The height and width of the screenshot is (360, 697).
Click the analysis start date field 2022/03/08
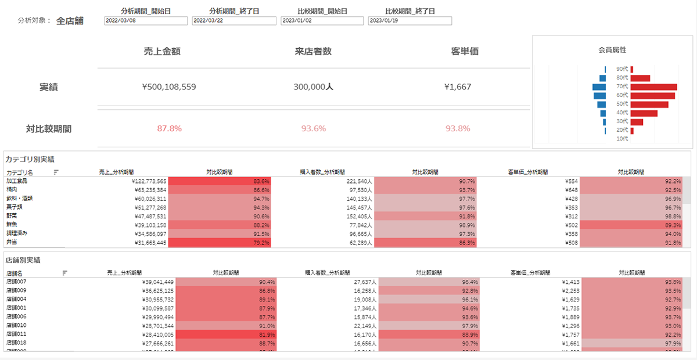pyautogui.click(x=146, y=21)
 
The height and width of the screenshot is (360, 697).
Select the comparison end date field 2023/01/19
pyautogui.click(x=409, y=21)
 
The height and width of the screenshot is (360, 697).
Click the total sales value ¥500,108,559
pyautogui.click(x=169, y=87)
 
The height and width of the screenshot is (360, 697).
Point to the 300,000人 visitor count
pyautogui.click(x=313, y=87)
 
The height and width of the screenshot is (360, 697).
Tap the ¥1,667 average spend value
pyautogui.click(x=458, y=87)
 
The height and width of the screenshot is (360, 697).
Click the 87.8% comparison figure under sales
pyautogui.click(x=170, y=128)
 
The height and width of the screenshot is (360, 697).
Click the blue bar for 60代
pyautogui.click(x=599, y=96)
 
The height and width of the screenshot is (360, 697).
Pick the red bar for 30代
pyautogui.click(x=637, y=122)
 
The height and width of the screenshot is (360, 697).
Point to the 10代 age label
pyautogui.click(x=622, y=139)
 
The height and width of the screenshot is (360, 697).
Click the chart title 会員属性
pyautogui.click(x=612, y=50)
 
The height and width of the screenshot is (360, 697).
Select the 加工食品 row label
pyautogui.click(x=17, y=181)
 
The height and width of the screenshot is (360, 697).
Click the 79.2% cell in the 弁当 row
pyautogui.click(x=220, y=243)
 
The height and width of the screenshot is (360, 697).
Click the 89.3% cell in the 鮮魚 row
pyautogui.click(x=630, y=225)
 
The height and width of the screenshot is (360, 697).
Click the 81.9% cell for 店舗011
pyautogui.click(x=226, y=334)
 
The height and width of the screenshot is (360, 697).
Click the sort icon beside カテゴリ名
pyautogui.click(x=56, y=172)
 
